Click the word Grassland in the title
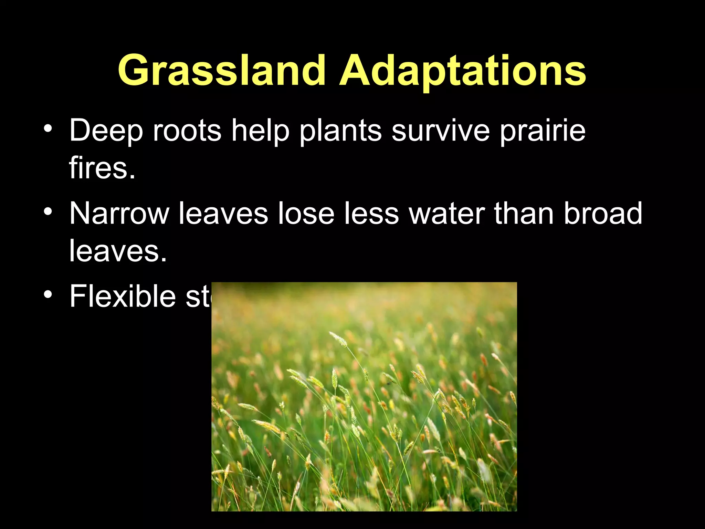tap(222, 71)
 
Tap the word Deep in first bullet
tap(106, 131)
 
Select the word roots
tap(187, 131)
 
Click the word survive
tap(441, 131)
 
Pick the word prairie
tap(542, 131)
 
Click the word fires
tap(102, 168)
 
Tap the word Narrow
tap(119, 214)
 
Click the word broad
tap(603, 214)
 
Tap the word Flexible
tap(123, 296)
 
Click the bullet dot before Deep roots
tap(48, 129)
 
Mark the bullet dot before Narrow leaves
tap(48, 211)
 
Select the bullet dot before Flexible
tap(48, 294)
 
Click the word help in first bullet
tap(260, 131)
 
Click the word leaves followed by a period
tap(117, 251)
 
